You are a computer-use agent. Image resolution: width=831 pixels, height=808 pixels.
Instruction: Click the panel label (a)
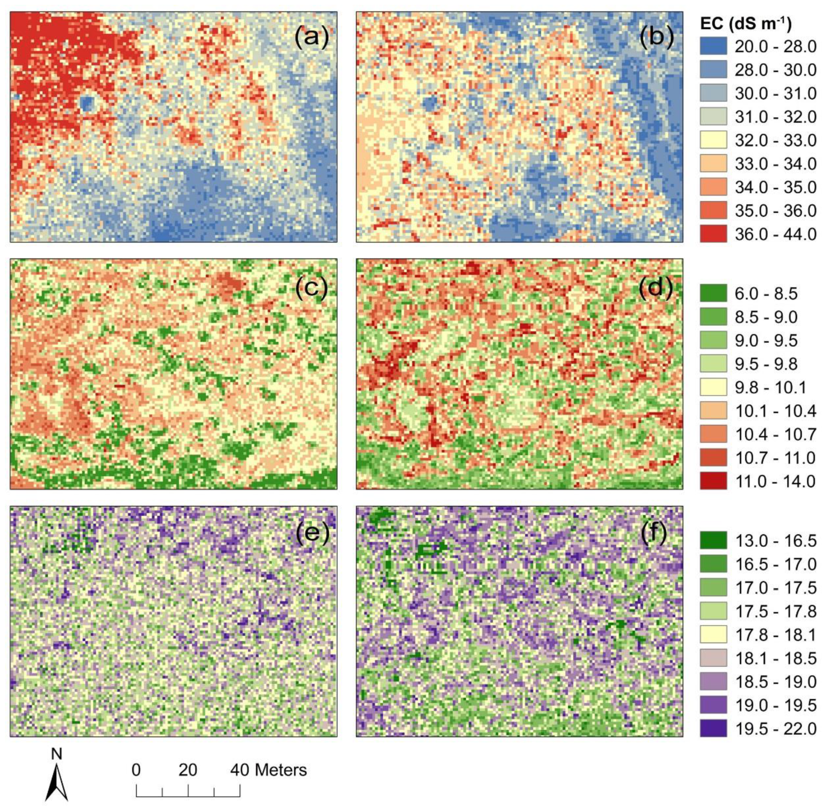click(x=312, y=37)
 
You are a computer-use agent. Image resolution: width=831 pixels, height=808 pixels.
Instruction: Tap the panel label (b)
click(x=657, y=37)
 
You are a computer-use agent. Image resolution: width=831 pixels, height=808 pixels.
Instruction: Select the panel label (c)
click(x=312, y=289)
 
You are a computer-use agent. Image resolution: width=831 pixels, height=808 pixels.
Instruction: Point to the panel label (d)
click(x=657, y=289)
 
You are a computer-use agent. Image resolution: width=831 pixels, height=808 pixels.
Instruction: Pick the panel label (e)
click(x=312, y=536)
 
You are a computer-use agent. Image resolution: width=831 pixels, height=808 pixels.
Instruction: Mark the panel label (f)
click(x=657, y=536)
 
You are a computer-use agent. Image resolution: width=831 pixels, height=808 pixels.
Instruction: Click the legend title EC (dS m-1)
click(x=746, y=24)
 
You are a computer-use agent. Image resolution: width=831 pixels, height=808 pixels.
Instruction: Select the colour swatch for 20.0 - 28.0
click(x=714, y=46)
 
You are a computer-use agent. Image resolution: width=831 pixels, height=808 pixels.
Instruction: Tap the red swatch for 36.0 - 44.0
click(x=714, y=234)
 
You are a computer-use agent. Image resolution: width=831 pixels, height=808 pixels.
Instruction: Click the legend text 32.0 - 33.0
click(x=775, y=141)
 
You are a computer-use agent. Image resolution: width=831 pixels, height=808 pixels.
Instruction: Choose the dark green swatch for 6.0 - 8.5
click(x=714, y=294)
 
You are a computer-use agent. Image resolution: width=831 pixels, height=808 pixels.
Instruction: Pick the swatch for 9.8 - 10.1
click(x=714, y=387)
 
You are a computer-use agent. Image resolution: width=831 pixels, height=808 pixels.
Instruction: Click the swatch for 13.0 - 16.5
click(x=714, y=541)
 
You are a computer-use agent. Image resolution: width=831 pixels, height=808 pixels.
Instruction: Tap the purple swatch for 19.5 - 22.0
click(x=714, y=729)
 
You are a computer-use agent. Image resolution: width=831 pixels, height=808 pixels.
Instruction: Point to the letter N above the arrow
click(x=56, y=754)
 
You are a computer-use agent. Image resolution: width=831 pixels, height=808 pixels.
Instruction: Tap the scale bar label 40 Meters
click(x=268, y=770)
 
